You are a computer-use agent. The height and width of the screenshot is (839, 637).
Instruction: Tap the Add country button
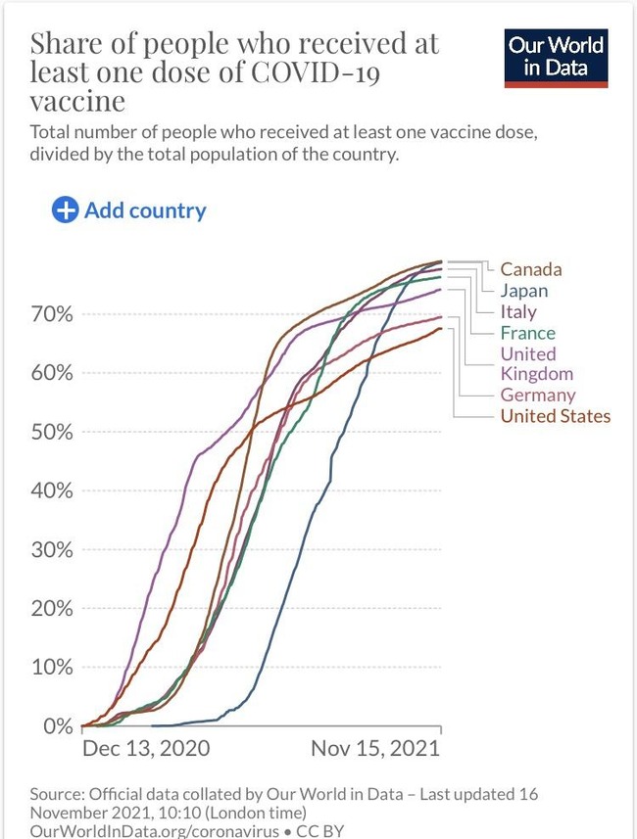point(129,210)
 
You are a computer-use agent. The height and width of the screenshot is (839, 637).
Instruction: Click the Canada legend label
point(530,269)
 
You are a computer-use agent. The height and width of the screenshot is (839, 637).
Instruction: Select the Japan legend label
point(523,291)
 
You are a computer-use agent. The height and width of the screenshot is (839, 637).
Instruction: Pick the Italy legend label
point(518,312)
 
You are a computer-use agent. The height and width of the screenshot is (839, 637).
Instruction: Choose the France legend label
point(527,333)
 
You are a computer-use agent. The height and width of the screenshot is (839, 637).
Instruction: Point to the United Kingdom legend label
point(536,363)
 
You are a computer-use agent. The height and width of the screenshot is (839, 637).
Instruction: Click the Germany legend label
point(538,396)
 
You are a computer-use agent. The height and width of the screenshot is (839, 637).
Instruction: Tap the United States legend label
point(555,416)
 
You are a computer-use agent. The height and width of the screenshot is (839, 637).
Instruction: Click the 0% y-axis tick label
point(55,725)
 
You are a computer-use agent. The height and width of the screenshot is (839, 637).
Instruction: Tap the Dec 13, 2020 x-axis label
point(146,749)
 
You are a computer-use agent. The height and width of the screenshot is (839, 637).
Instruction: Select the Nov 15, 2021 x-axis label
point(375,749)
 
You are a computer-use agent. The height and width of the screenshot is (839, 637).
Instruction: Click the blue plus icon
point(65,210)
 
